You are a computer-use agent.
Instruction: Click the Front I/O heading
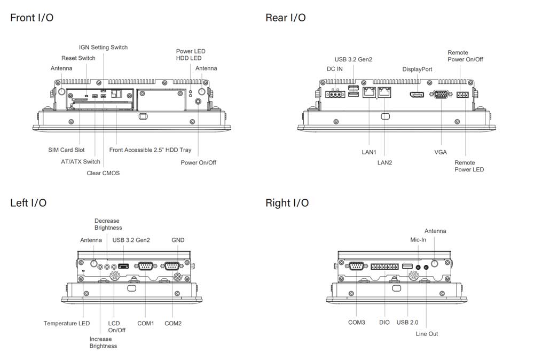click(32, 18)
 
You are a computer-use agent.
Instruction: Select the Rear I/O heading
click(286, 18)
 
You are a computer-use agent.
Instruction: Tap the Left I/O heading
click(28, 203)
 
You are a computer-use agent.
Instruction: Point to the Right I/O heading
click(287, 203)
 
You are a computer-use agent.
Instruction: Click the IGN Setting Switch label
click(103, 47)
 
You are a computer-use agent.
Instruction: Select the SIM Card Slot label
click(66, 150)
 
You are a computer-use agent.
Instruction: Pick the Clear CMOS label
click(103, 173)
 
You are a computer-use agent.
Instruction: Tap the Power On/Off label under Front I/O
click(198, 162)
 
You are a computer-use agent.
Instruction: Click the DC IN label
click(335, 69)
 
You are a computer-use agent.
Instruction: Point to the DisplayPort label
click(417, 69)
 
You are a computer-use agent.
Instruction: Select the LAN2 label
click(384, 162)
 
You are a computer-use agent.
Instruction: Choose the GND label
click(178, 240)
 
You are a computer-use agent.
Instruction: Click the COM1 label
click(145, 323)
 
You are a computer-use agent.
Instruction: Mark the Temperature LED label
click(67, 323)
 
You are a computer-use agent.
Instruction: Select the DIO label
click(384, 322)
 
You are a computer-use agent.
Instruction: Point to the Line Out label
click(427, 334)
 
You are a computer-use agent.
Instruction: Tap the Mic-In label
click(418, 240)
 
